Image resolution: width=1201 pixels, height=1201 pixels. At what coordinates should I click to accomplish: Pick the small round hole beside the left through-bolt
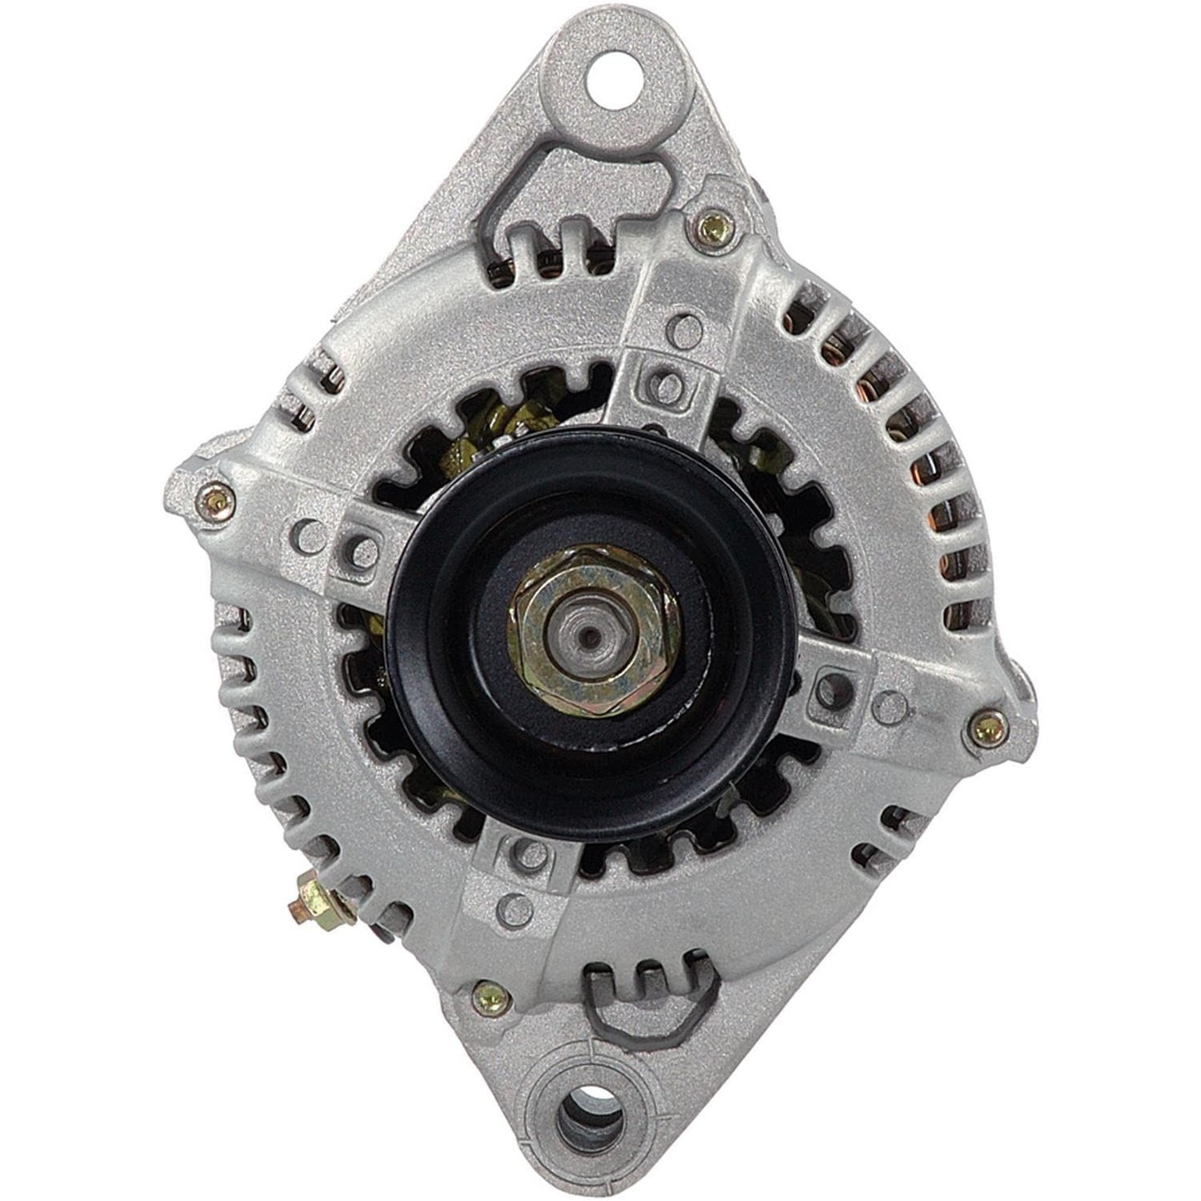pyautogui.click(x=308, y=530)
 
